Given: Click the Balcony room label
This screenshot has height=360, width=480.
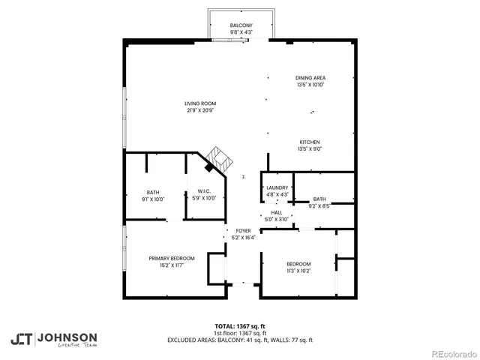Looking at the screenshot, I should tap(241, 26).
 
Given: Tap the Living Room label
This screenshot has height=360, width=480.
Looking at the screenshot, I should tap(200, 103).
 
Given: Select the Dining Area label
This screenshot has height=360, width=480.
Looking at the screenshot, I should tap(311, 78).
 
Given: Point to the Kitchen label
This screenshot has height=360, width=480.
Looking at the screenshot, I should tap(310, 142).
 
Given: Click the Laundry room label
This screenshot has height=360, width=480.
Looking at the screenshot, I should tap(277, 188).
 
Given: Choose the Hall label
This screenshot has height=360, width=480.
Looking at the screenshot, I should tap(277, 213).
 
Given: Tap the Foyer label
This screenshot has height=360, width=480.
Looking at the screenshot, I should tap(243, 231).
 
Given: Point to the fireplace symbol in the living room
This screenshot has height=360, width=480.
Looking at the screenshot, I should tap(220, 158).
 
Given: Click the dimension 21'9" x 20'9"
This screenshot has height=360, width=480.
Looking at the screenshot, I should tap(200, 110).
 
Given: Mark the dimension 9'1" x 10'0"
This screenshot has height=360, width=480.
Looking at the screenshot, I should tap(153, 199).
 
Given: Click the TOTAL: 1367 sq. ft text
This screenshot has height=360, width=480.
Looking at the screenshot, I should tap(240, 327).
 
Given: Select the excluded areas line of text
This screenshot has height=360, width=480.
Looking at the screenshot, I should tap(240, 340).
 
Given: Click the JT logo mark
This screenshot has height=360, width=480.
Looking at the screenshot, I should tap(21, 339).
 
